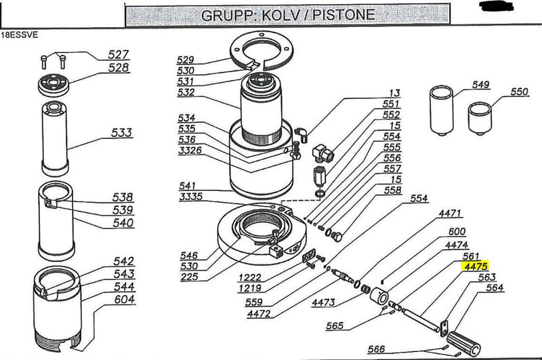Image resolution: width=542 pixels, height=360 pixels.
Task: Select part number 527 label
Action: click(x=119, y=54)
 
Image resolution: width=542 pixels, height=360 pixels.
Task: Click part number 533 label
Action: click(x=123, y=133)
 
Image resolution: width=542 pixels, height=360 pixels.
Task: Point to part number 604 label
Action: click(x=123, y=299)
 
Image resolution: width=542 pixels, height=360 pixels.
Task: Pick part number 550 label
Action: click(x=519, y=92)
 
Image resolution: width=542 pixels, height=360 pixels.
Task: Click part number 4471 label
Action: click(x=451, y=213)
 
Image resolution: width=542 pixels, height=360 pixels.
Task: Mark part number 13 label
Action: click(x=394, y=92)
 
